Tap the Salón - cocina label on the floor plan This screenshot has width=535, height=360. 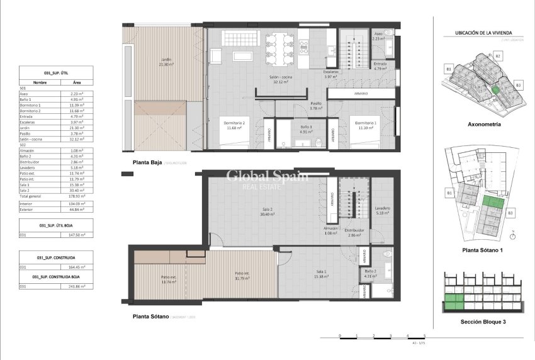pyautogui.click(x=284, y=79)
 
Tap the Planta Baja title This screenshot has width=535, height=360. pyautogui.click(x=148, y=162)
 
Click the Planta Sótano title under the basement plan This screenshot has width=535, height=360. pyautogui.click(x=150, y=317)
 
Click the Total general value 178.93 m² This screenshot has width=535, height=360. pyautogui.click(x=77, y=196)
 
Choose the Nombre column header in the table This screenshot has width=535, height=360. pyautogui.click(x=40, y=82)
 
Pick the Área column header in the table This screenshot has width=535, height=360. pyautogui.click(x=77, y=82)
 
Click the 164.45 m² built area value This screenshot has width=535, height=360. pyautogui.click(x=77, y=267)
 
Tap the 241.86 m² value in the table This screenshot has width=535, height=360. pyautogui.click(x=77, y=286)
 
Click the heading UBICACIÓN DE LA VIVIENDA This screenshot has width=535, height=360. pyautogui.click(x=482, y=32)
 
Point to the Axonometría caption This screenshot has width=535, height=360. pyautogui.click(x=481, y=125)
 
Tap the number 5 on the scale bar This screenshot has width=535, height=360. pyautogui.click(x=424, y=336)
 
